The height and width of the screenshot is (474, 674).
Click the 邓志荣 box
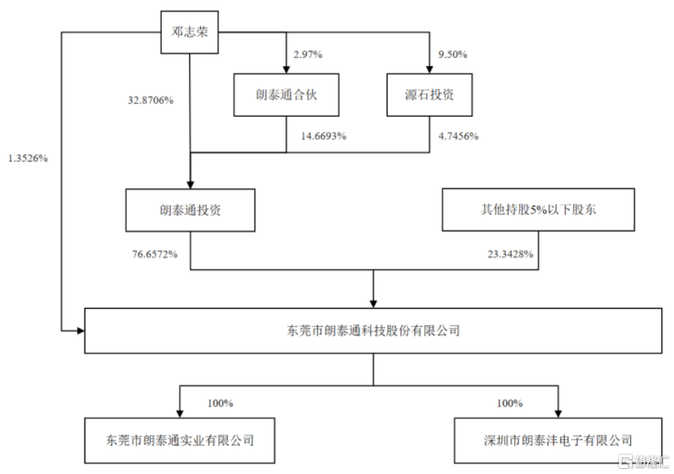tap(189, 32)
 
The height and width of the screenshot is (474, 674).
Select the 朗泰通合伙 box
tap(287, 95)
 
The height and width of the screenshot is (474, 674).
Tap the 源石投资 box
tap(430, 95)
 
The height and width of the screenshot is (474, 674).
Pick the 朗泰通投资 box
tap(191, 210)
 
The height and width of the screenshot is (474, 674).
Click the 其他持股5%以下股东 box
tap(538, 210)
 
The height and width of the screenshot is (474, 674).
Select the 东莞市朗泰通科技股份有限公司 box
tap(373, 331)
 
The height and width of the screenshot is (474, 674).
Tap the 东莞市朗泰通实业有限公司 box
tap(180, 441)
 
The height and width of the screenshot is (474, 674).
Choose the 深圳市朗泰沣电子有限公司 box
tap(558, 441)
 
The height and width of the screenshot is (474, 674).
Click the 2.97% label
tap(308, 55)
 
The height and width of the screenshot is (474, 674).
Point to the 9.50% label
tap(453, 55)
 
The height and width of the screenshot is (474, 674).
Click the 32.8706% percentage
tap(151, 101)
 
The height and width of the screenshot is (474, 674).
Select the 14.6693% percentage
tap(323, 136)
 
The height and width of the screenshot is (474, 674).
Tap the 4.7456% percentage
tap(458, 136)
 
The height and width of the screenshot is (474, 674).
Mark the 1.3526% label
tap(28, 158)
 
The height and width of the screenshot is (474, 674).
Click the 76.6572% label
tap(154, 254)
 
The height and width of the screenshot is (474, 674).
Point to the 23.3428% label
tap(510, 254)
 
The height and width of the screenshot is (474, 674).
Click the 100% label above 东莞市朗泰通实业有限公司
tap(220, 403)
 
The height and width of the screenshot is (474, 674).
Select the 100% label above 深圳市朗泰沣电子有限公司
tap(510, 403)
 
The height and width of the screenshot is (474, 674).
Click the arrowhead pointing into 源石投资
tap(430, 70)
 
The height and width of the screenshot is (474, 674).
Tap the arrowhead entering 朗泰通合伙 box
tap(287, 70)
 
